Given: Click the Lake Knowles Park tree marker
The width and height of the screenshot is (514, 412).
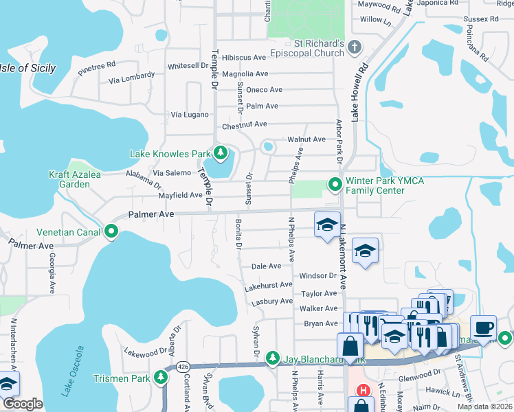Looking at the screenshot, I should click(x=221, y=153).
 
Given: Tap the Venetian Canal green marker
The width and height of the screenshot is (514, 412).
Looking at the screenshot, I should click(x=111, y=231).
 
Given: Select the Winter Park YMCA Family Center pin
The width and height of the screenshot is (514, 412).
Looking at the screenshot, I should click(x=335, y=184).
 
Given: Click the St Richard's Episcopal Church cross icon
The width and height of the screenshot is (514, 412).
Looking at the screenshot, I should click(x=354, y=47).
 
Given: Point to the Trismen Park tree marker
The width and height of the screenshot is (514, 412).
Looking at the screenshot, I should click(x=161, y=376).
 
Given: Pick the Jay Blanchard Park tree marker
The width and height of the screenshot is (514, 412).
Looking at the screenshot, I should click(x=273, y=358).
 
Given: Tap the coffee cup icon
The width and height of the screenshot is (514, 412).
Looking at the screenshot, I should click(x=482, y=328).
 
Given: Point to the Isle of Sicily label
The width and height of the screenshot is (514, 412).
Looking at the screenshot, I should click(x=27, y=68).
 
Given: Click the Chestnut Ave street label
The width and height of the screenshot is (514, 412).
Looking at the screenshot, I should click(x=244, y=124).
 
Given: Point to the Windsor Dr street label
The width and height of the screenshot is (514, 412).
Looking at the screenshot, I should click(x=317, y=275).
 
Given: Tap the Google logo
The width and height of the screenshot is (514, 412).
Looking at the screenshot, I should click(x=23, y=404).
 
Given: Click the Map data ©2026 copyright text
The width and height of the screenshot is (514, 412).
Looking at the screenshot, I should click(x=484, y=407).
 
